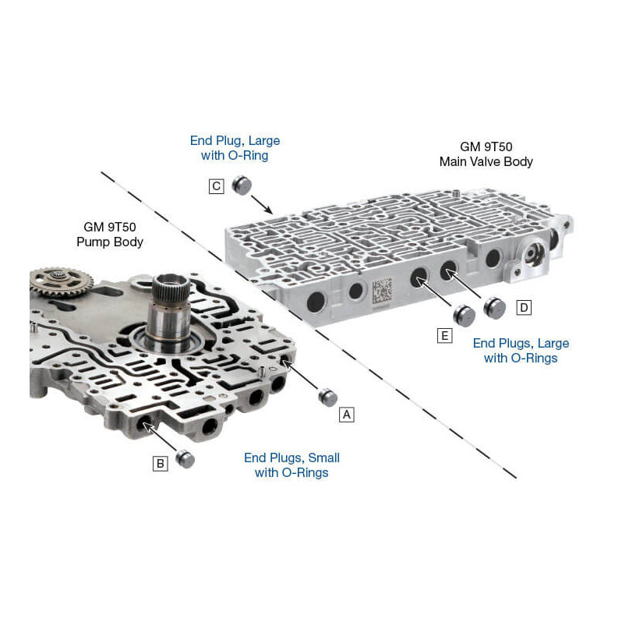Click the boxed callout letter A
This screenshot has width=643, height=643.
coord(347,415)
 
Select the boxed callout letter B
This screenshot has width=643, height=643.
coord(160,464)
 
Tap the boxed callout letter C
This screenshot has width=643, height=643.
coord(217,186)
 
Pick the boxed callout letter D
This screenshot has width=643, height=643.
coord(524,308)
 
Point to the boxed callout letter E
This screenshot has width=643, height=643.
coord(444,336)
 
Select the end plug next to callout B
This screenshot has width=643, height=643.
coord(185,459)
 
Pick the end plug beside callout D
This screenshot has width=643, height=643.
coord(494,307)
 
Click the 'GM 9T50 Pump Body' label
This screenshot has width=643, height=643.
coord(109,234)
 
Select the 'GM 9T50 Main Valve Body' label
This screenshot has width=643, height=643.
coord(486,154)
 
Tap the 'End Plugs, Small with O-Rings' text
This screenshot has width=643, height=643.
coord(291,465)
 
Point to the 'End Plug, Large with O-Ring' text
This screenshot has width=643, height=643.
coord(235,148)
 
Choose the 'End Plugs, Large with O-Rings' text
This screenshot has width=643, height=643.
coord(521,351)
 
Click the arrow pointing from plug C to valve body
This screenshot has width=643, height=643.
coord(260,204)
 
